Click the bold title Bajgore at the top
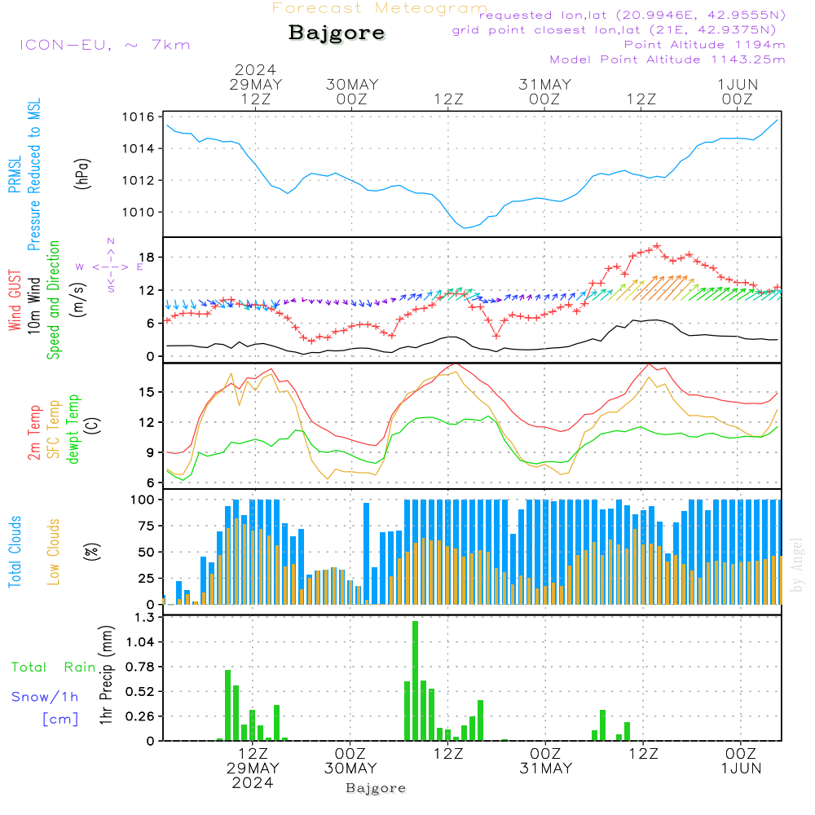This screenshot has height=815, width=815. [x=337, y=33]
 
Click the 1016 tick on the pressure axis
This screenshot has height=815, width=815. [x=139, y=117]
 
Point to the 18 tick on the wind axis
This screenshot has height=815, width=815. [x=147, y=258]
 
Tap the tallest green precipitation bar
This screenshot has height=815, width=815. [x=415, y=681]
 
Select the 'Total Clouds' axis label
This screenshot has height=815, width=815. [x=15, y=552]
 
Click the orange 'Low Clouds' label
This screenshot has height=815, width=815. [x=53, y=552]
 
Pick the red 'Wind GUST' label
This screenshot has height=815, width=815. [x=15, y=301]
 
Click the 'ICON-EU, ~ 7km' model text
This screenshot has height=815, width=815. [x=105, y=45]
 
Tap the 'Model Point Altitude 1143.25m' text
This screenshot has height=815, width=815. [x=667, y=59]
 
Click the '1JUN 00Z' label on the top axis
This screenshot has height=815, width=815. [x=738, y=92]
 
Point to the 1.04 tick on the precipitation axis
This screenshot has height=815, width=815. [x=140, y=642]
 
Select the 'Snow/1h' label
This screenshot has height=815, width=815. [x=45, y=697]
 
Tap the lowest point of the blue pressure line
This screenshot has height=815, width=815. [x=465, y=227]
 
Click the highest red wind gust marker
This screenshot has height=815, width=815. [x=657, y=246]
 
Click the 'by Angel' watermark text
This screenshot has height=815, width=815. [x=797, y=565]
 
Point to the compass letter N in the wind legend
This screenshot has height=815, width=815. [x=111, y=241]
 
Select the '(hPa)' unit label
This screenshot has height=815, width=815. [x=82, y=174]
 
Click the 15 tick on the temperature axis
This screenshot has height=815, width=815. [x=147, y=393]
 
